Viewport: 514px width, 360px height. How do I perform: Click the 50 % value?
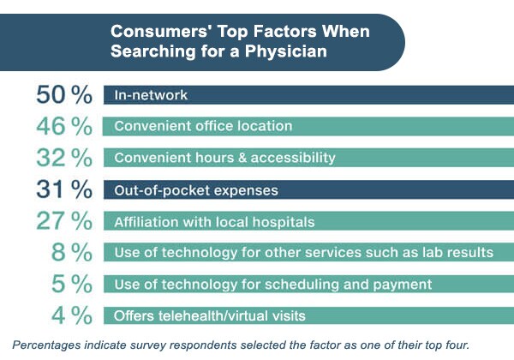coord(63,94)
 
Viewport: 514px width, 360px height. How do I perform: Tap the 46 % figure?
coord(63,126)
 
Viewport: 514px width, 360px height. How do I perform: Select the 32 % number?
coord(63,158)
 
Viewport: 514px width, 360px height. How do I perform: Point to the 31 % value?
coord(63,189)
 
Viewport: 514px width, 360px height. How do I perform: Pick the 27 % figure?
coord(63,220)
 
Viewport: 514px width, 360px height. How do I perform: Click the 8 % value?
coord(73,252)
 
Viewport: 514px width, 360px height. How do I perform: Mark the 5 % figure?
coord(73,284)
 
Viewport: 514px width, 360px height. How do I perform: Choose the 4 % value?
coord(73,315)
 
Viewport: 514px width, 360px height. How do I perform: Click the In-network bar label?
coord(151,95)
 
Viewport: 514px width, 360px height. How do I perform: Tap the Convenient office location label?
coord(203,126)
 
